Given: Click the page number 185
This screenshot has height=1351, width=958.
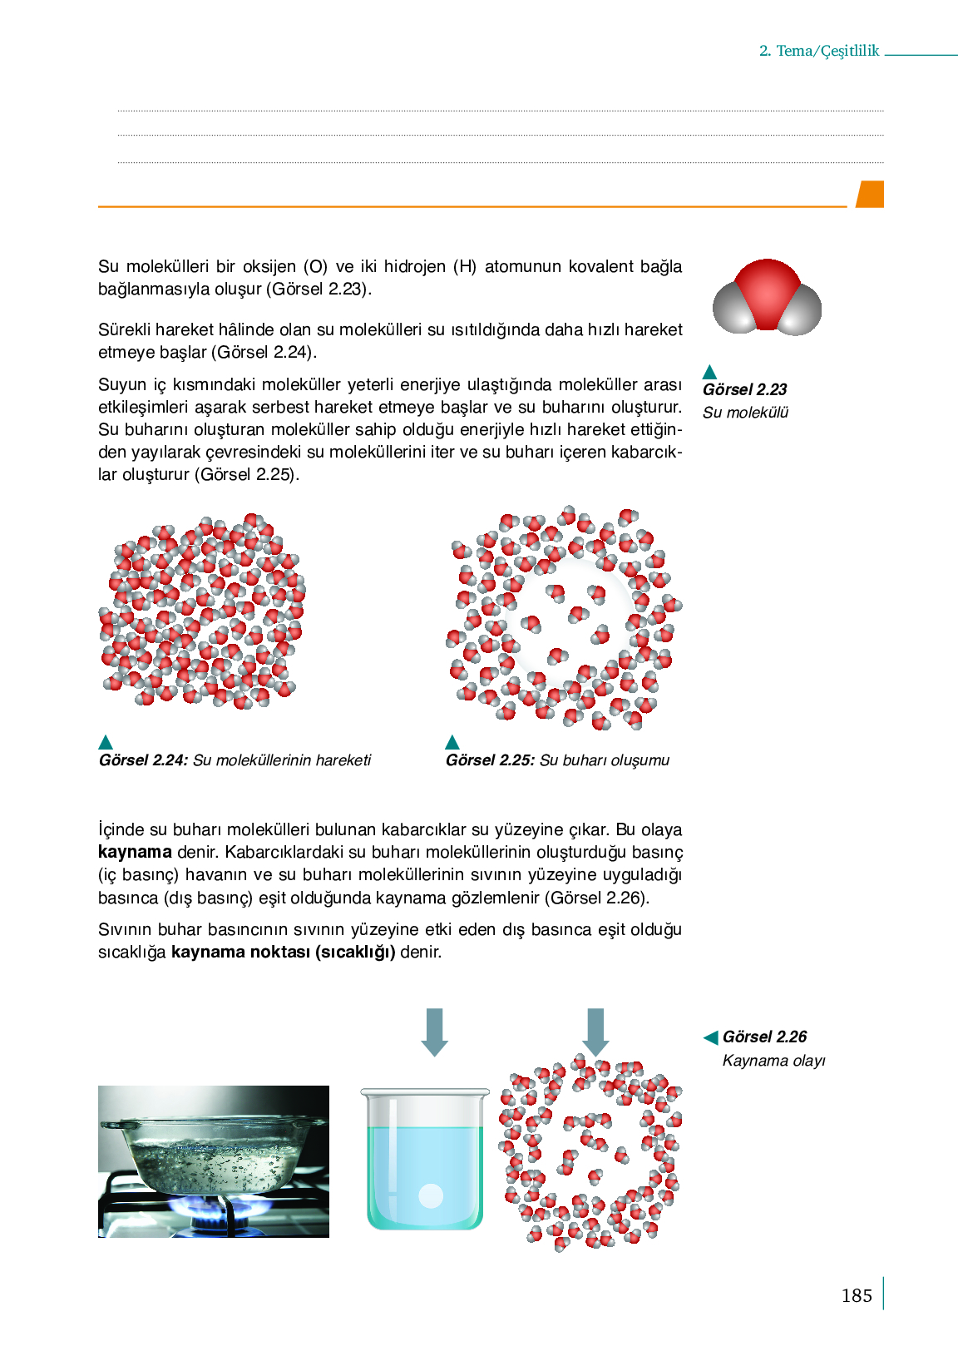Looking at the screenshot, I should click(x=856, y=1295).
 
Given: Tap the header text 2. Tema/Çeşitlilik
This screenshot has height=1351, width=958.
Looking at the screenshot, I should click(x=818, y=51).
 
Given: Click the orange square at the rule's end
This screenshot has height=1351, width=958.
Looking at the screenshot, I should click(x=870, y=194).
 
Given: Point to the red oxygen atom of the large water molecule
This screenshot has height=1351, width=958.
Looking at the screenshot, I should click(x=767, y=288).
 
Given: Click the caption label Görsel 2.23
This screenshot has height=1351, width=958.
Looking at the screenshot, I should click(x=744, y=389).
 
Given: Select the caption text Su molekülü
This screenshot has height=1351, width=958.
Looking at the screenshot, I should click(x=745, y=413).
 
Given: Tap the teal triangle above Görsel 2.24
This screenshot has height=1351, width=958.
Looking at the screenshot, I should click(x=106, y=742).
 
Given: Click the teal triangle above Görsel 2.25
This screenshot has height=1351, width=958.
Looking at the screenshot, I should click(x=452, y=742).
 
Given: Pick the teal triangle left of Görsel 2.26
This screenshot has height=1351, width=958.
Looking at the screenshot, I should click(x=711, y=1037).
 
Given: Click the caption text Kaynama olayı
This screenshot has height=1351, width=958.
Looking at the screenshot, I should click(x=773, y=1061).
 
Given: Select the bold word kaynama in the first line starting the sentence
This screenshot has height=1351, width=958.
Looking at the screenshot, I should click(x=135, y=852).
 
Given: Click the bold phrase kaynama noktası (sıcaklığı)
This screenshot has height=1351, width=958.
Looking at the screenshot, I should click(x=283, y=952).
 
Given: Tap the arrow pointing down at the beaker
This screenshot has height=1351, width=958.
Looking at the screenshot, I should click(x=434, y=1032).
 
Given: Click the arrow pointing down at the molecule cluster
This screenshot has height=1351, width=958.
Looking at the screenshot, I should click(x=595, y=1032).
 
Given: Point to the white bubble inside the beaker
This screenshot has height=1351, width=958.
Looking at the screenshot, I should click(x=431, y=1195).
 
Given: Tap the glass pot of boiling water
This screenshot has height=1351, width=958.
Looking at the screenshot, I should click(x=211, y=1152).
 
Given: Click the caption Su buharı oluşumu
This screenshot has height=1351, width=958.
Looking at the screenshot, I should click(x=604, y=760).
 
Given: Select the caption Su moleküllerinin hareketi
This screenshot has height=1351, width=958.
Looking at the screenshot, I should click(x=282, y=760).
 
